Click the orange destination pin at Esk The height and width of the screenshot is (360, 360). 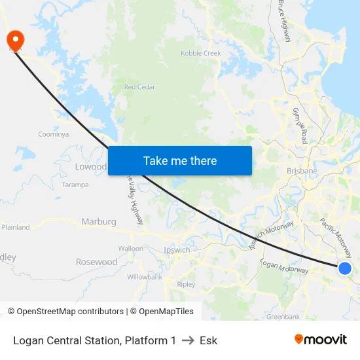(14, 39)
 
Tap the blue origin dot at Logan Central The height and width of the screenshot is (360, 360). (345, 268)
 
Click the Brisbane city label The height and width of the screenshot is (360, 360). (302, 171)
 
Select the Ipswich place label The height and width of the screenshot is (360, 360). (177, 250)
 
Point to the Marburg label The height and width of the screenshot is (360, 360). (98, 222)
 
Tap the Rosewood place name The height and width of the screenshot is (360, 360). (96, 262)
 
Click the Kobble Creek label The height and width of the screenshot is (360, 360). (201, 53)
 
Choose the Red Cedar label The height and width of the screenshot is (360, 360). (139, 87)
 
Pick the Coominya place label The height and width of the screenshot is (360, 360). (53, 134)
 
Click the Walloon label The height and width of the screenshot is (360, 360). (130, 249)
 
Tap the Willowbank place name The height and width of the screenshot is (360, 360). (145, 277)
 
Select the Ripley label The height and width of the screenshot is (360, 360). (186, 285)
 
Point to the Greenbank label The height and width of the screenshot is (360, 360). (283, 317)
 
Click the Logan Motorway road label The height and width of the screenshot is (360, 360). (284, 266)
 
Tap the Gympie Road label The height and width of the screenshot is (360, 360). (300, 126)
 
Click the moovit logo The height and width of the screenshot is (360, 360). (321, 340)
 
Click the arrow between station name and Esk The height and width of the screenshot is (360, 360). (188, 340)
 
